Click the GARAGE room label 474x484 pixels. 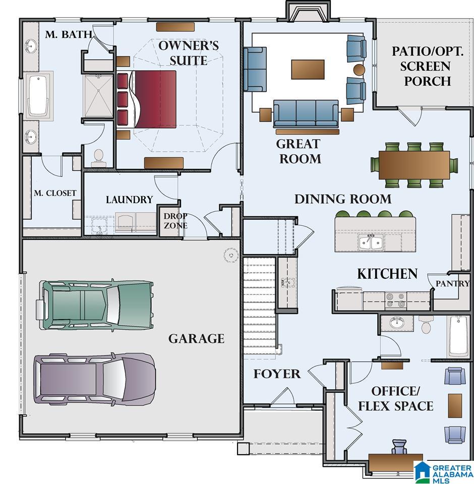click(196, 339)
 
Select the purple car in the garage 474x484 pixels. click(95, 379)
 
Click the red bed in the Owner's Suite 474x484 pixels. click(146, 99)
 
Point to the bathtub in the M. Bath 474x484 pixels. click(39, 95)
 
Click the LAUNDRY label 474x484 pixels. click(130, 200)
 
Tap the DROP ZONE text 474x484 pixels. click(175, 221)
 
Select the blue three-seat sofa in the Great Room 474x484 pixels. click(306, 113)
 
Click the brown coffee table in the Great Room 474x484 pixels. click(308, 70)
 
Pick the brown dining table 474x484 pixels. click(414, 165)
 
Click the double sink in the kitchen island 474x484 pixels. click(371, 241)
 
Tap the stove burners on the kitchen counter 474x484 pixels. click(395, 299)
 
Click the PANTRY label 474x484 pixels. click(452, 283)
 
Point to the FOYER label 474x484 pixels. click(277, 374)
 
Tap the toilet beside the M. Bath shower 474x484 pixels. click(99, 158)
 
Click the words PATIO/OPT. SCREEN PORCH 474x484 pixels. click(428, 67)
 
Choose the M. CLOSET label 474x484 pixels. click(55, 193)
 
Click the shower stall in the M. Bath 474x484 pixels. click(98, 96)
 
